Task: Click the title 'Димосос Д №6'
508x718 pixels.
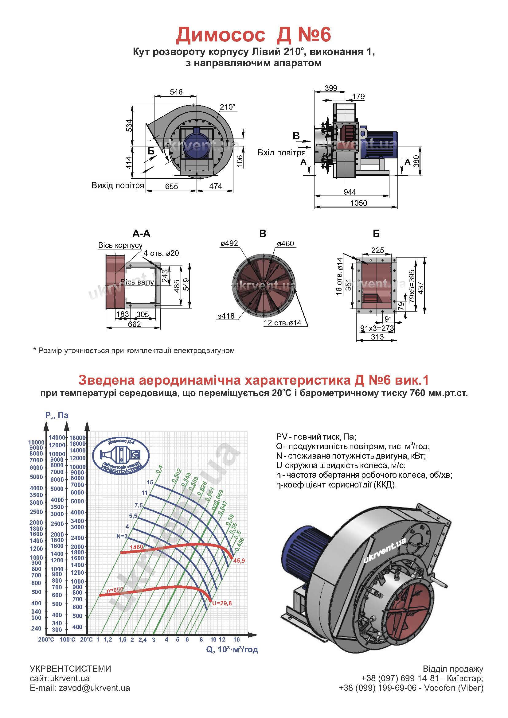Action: click(253, 35)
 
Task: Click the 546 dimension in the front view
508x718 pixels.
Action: click(176, 92)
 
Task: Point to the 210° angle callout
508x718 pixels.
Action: click(227, 107)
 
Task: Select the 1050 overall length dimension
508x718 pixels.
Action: click(358, 203)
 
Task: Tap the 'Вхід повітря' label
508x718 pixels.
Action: click(282, 153)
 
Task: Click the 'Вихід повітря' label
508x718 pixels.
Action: click(118, 185)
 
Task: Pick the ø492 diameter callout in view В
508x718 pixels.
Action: click(229, 243)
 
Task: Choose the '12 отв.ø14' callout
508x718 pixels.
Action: click(283, 323)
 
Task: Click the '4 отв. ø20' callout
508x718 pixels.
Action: click(161, 253)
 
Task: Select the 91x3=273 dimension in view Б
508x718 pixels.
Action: click(377, 328)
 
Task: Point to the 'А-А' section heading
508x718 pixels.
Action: click(141, 234)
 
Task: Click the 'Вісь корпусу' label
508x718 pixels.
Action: click(120, 245)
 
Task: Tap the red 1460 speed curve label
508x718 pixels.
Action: click(136, 547)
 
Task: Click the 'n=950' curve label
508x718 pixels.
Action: click(115, 590)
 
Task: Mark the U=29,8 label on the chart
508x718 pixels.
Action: click(222, 603)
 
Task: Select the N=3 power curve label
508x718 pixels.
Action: click(122, 536)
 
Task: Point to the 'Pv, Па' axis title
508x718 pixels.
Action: click(57, 415)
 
